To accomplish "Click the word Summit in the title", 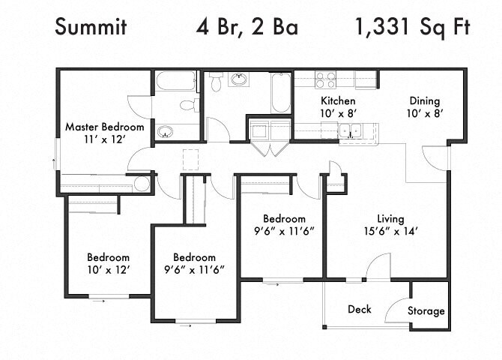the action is (91, 26).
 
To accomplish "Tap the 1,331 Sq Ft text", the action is (413, 28).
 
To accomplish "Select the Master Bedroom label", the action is (105, 127).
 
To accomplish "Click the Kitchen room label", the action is (338, 100).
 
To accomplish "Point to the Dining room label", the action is (425, 101).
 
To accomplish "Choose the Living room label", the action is (390, 219).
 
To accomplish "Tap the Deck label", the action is (360, 309).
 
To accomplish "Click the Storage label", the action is (426, 311).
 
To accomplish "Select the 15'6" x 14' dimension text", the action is (390, 232).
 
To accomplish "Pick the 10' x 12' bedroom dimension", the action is (109, 270).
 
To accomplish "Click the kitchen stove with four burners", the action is (325, 79).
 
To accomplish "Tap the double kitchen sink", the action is (350, 130).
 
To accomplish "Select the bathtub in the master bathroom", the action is (176, 81).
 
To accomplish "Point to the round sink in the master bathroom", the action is (165, 132).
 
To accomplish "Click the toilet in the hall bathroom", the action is (217, 82).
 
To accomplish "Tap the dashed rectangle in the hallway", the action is (191, 159).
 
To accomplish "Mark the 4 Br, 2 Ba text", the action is (247, 27).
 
